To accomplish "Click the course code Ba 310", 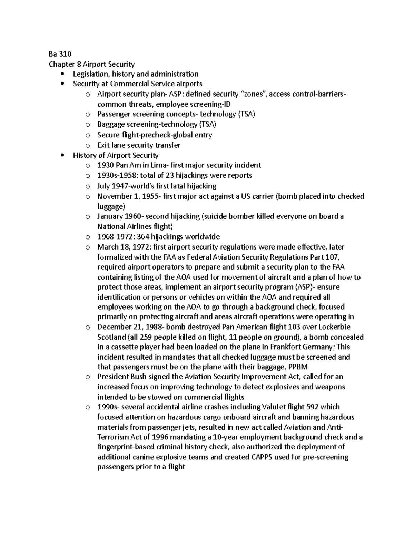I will [x=60, y=54].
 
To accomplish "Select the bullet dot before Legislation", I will [x=62, y=74].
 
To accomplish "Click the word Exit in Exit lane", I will [x=103, y=145].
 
